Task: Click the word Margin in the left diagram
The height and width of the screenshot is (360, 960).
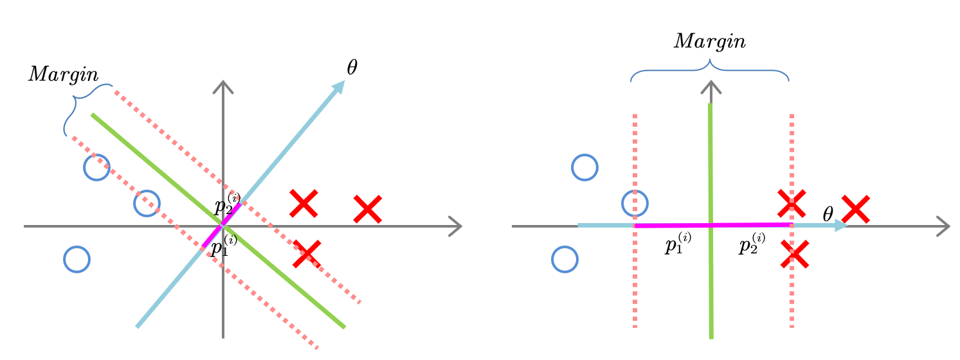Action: coord(63,75)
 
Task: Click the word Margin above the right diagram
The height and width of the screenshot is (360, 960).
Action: coord(709,42)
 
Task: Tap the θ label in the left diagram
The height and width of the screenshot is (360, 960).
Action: coord(352,67)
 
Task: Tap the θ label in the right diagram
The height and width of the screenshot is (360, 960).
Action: coord(828,215)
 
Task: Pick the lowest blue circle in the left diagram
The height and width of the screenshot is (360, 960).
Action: coord(77,259)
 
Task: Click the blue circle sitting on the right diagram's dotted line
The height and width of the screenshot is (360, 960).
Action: coord(635,203)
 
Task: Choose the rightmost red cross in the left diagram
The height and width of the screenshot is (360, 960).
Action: coord(368,209)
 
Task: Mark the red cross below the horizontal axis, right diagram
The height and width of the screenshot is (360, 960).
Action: coord(795,254)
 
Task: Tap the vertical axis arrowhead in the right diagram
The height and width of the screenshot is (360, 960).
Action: coord(711,86)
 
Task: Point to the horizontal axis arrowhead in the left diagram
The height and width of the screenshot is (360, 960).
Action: coord(455,226)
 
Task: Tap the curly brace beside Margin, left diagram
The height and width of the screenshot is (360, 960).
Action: coord(80,107)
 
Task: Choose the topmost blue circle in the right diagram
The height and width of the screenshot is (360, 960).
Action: coord(584,167)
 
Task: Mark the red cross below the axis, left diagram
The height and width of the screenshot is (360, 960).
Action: coord(307,254)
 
